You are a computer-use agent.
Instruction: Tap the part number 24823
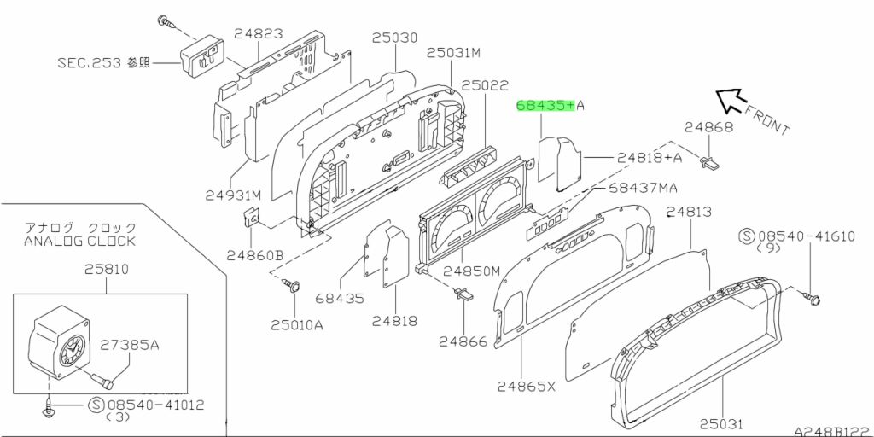tap(258, 33)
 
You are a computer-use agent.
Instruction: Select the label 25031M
tap(454, 52)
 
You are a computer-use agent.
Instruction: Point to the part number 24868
tap(709, 127)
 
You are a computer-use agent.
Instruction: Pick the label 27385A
tap(130, 345)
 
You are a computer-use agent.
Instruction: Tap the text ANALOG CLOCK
tap(79, 242)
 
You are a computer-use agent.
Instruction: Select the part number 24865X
tap(527, 386)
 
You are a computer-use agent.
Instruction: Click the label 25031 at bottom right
tap(722, 424)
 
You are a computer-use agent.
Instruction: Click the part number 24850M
tap(472, 271)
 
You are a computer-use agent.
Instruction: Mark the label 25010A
tap(297, 325)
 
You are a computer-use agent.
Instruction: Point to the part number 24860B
tap(254, 256)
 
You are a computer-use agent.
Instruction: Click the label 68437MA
tap(642, 188)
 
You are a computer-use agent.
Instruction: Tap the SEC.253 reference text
tap(104, 62)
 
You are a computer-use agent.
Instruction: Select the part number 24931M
tap(233, 195)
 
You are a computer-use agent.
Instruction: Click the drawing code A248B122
tap(834, 431)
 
